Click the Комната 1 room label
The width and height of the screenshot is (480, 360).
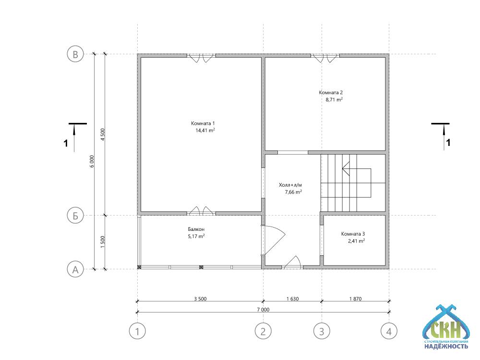pos(203,123)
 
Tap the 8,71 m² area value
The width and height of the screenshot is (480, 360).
pos(334,99)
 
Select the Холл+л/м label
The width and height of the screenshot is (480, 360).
pos(290,185)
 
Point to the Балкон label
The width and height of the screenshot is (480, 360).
pos(196,229)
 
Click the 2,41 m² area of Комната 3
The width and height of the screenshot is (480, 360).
pos(356,241)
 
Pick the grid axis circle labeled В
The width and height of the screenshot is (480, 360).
pos(75,54)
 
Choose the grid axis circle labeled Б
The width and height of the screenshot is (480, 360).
pos(75,216)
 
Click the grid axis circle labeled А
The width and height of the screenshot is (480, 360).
pos(75,269)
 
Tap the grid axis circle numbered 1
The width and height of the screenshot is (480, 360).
pos(137,331)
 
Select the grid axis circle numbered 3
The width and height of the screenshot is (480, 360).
pos(322,331)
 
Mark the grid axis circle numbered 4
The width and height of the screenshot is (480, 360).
pos(389,331)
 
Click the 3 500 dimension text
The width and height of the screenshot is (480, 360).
pos(200,299)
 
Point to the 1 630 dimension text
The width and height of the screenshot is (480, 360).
pos(292,299)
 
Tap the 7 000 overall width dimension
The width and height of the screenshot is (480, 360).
pos(263,310)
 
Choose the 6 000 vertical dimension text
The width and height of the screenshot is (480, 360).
pos(92,161)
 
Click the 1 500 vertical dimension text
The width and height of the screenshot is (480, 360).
pos(103,242)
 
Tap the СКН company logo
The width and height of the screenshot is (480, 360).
pos(446,327)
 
